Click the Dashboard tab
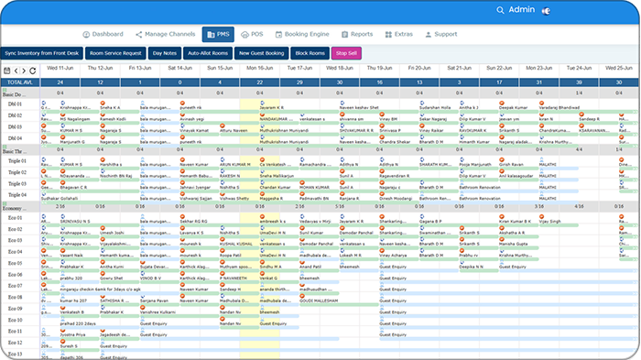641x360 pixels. [102, 34]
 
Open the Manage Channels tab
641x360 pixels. [166, 34]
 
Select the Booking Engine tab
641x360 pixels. [307, 34]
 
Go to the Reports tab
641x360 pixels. [357, 34]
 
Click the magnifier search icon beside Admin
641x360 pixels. [500, 9]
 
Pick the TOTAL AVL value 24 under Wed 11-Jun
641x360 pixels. [60, 82]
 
